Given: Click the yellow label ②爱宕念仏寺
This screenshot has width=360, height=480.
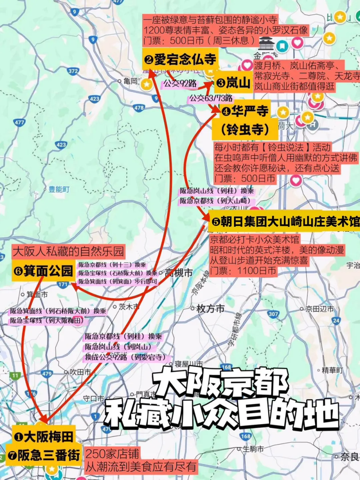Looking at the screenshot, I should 180,60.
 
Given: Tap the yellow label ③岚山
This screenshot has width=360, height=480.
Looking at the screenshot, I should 233,82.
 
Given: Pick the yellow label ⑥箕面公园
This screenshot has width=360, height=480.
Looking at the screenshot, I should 43,271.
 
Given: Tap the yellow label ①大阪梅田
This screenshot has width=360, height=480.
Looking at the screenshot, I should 44,436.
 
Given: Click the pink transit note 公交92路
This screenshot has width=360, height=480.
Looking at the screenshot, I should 180,83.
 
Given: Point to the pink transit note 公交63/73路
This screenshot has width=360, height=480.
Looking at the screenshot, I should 211,98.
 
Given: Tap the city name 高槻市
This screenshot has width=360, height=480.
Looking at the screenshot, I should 179,273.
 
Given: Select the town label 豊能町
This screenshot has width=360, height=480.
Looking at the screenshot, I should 59,189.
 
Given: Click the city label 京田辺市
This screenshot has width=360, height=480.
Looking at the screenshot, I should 319,309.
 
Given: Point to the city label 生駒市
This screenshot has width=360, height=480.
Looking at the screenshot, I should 253,449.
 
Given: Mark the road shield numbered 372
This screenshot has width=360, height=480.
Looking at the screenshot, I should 73,71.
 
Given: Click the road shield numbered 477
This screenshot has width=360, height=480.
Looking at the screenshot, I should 19,122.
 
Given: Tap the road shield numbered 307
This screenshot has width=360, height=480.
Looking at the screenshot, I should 273,314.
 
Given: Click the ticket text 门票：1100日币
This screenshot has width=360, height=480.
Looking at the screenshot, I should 243,271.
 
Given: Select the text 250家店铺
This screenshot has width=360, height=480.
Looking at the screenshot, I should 112,454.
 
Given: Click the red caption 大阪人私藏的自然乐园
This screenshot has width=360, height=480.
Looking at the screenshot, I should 68,251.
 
